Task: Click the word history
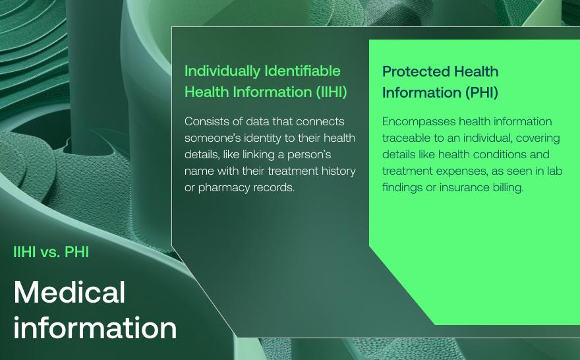(335, 171)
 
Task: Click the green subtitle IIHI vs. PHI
(51, 252)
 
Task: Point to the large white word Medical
(69, 292)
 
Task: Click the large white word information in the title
(95, 328)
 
